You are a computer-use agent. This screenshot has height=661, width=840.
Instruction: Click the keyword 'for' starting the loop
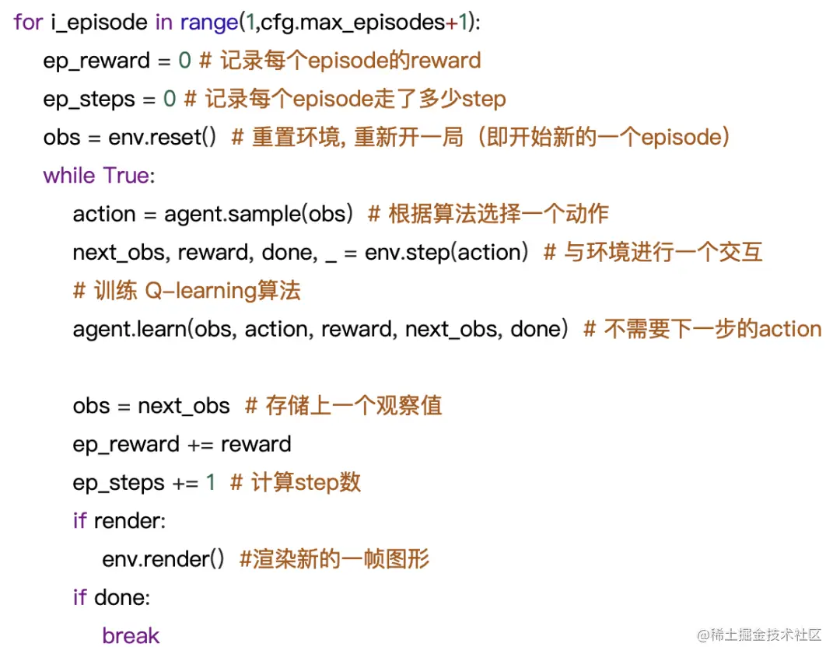pos(27,22)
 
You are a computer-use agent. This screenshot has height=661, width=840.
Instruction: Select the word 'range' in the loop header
pos(208,22)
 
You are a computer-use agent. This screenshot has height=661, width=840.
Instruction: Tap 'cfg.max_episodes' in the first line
pos(352,22)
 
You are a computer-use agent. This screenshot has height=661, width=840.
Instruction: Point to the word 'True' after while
pos(127,175)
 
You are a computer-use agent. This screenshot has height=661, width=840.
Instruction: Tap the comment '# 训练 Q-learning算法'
pos(187,291)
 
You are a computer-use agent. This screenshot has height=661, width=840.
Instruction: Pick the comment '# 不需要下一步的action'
pos(702,329)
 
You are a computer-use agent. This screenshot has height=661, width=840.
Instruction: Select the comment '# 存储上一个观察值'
pos(343,406)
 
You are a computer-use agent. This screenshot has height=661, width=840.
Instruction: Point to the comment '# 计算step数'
pos(296,482)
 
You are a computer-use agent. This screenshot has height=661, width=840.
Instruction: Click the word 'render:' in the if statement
pos(130,520)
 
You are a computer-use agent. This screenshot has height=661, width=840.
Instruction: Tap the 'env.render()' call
pos(163,559)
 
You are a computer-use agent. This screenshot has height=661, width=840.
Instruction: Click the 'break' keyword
pos(131,635)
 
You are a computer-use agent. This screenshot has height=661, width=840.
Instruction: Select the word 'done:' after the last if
pos(122,597)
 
